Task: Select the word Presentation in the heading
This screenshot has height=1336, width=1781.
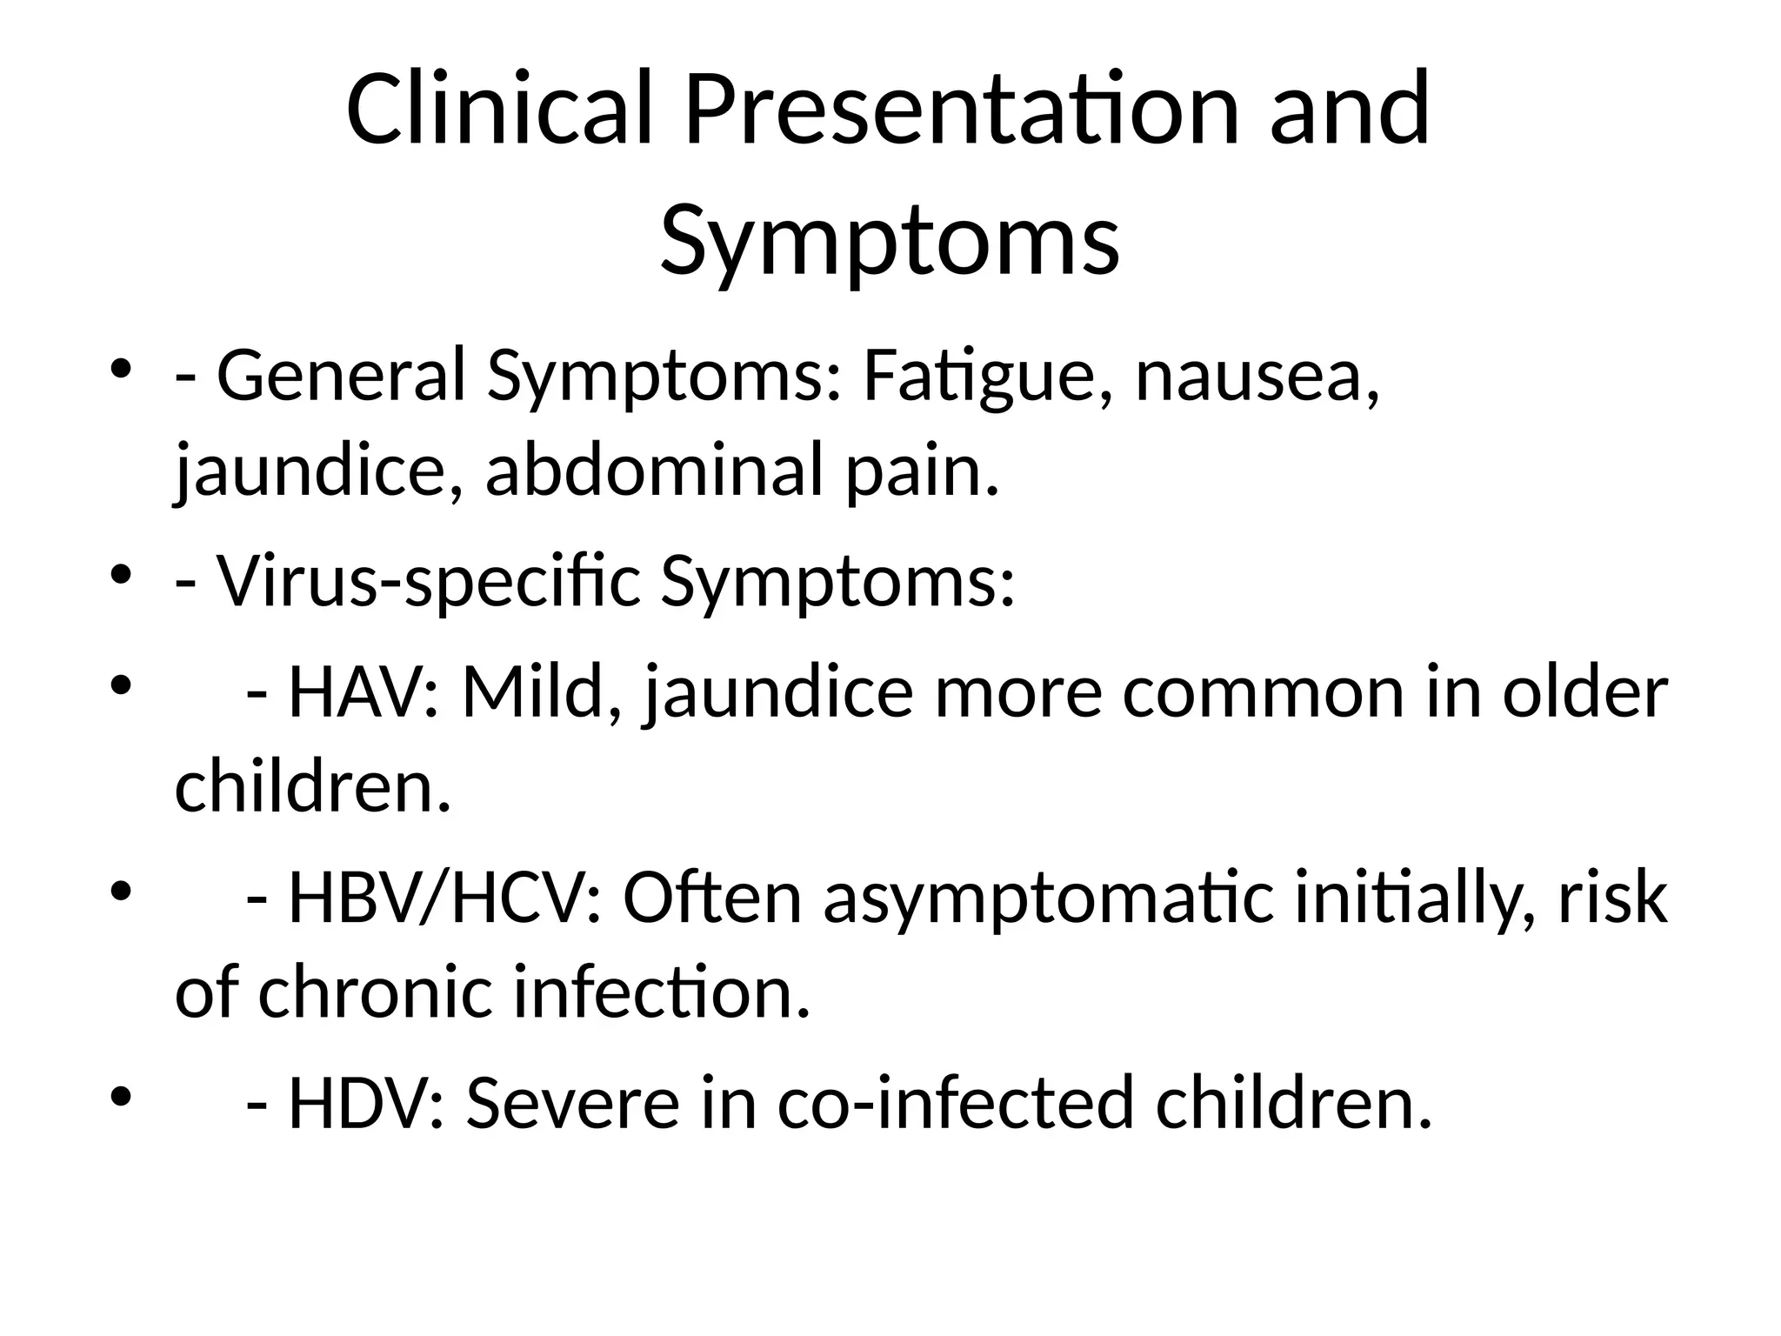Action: click(x=960, y=110)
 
